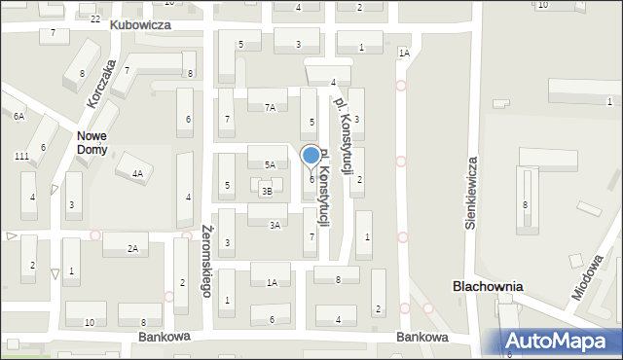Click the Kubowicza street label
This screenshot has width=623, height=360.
(x=140, y=23)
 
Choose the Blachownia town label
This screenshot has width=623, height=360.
(x=488, y=287)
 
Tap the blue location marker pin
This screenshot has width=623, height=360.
(x=311, y=157)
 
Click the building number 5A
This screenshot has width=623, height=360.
(x=270, y=165)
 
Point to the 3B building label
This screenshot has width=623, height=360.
(x=266, y=192)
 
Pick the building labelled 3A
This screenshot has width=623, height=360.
(x=275, y=225)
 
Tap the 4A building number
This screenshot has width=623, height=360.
(x=137, y=174)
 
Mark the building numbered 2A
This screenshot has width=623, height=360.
(x=131, y=249)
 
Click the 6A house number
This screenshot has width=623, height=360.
(x=18, y=116)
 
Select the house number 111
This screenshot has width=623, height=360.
(x=21, y=157)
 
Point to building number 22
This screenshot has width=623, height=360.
(x=95, y=18)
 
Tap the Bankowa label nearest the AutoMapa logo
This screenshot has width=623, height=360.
(x=421, y=337)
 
